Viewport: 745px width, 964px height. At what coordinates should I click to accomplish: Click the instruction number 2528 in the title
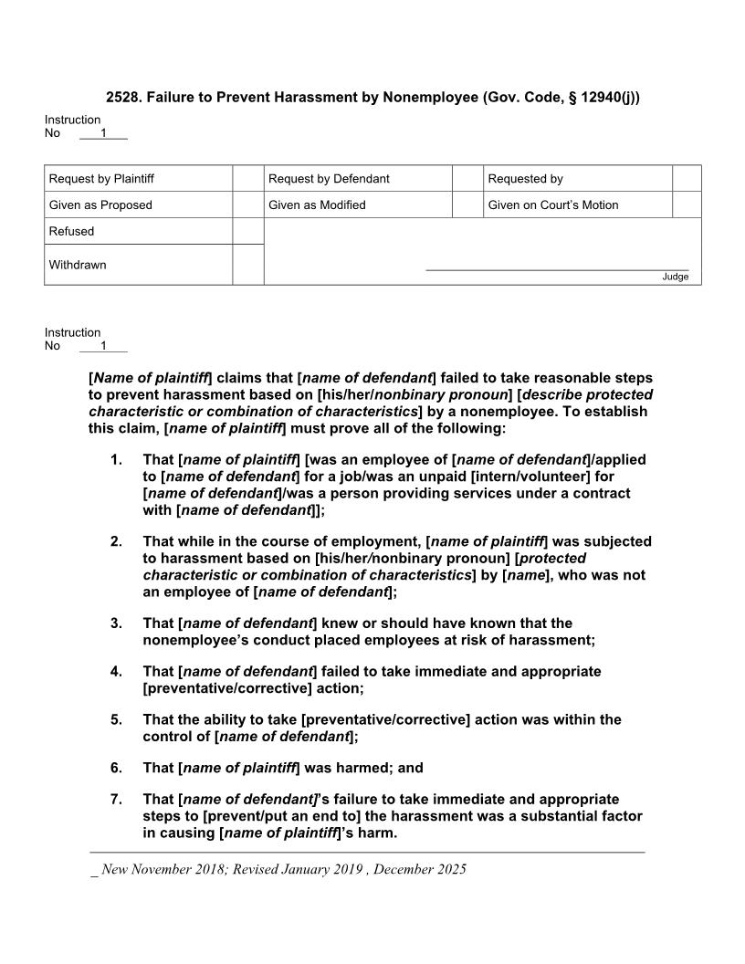[x=123, y=97]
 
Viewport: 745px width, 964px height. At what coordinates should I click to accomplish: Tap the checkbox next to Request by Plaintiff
[x=247, y=179]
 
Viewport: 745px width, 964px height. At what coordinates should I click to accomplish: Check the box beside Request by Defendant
[x=467, y=179]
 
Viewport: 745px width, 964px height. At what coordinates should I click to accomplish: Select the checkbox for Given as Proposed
[x=247, y=205]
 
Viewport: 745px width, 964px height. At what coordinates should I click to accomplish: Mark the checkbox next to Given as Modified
[x=467, y=205]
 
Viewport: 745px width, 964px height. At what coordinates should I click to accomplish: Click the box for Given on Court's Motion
[x=687, y=205]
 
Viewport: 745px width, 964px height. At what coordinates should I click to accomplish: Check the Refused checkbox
[x=247, y=232]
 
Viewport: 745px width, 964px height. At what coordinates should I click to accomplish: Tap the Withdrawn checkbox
[x=247, y=265]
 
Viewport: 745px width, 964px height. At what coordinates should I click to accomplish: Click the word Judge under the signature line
[x=676, y=277]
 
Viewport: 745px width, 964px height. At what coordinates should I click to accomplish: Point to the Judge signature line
[x=557, y=269]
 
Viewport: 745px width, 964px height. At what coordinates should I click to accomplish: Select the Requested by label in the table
[x=525, y=179]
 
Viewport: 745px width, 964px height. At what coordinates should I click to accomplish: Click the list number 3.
[x=116, y=623]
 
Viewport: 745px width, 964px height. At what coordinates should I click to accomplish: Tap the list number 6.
[x=116, y=768]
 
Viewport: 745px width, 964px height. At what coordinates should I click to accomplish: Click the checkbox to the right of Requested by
[x=687, y=179]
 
